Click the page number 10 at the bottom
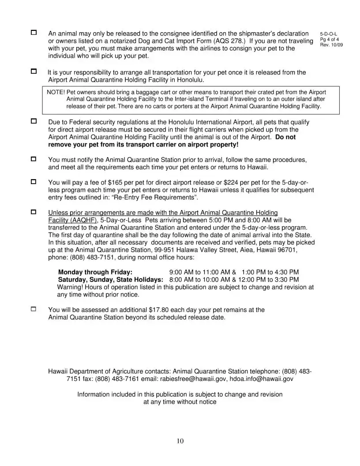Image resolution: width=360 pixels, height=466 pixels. pos(180,441)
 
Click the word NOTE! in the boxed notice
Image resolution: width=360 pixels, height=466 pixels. pos(56,92)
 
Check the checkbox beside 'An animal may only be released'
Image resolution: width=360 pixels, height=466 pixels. pos(34,34)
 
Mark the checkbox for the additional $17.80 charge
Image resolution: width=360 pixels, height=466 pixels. pos(34,310)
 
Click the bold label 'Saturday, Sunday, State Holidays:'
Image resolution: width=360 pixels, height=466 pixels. pos(111,280)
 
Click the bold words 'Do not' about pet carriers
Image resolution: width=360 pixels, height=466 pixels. pos(285,137)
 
